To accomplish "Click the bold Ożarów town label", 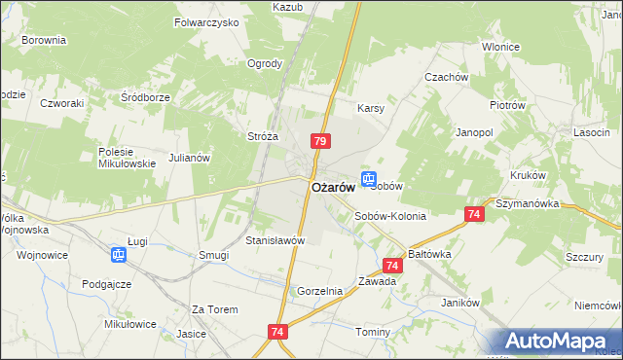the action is point(331,187).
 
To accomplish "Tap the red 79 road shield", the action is point(319,142).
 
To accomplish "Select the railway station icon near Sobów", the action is point(369,178).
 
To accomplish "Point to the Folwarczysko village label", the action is point(206,21).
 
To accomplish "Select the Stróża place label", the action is point(264,137).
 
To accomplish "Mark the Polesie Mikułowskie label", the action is point(128,158).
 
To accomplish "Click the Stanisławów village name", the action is point(275,240).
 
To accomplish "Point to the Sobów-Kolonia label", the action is point(390,216).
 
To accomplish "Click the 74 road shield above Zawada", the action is point(392,265).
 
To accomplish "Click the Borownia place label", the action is point(44,41).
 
